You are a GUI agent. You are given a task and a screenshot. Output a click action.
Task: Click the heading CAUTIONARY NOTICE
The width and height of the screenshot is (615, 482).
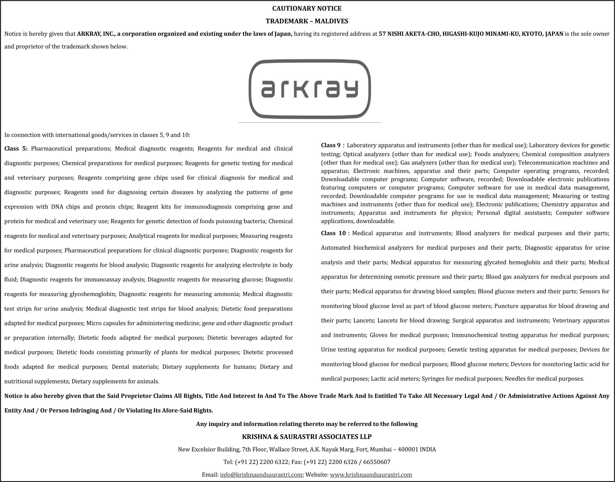[x=307, y=9]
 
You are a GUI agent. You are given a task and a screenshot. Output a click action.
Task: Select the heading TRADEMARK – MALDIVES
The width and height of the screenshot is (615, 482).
[x=307, y=21]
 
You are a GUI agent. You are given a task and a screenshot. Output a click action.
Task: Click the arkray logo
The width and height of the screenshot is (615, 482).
[x=310, y=89]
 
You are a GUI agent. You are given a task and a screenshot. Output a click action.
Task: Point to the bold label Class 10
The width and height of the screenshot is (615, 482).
[x=333, y=233]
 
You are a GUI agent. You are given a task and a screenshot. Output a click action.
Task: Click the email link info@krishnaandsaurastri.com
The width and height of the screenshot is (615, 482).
[x=261, y=475]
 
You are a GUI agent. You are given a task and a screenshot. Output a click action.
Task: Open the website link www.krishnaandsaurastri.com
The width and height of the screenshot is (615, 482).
[x=371, y=475]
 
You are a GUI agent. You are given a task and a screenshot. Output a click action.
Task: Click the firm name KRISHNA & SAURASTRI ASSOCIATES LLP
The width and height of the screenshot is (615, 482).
[x=307, y=437]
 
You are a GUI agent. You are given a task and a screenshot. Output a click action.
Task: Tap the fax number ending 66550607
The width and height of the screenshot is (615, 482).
[x=376, y=462]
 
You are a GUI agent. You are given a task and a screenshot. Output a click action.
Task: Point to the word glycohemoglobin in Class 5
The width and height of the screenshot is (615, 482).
[x=92, y=294]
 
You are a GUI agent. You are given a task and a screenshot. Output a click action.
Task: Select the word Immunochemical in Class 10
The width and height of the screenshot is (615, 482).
[x=474, y=335]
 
